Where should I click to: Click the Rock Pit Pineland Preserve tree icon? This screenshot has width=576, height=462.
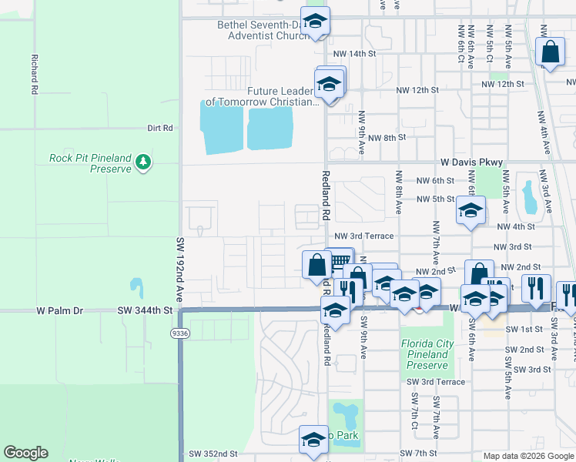(142, 162)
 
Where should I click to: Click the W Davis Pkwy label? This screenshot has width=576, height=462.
(471, 162)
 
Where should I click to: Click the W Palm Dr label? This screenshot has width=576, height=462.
(60, 310)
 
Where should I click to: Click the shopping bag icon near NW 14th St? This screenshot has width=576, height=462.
(551, 54)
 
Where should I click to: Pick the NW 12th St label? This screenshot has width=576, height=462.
(502, 84)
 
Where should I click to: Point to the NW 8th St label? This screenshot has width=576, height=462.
(387, 138)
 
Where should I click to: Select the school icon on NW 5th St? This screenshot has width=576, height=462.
(471, 210)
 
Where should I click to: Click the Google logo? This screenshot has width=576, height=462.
(25, 453)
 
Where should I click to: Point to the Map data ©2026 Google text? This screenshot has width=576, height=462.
(528, 456)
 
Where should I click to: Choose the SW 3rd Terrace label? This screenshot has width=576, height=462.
(436, 382)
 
